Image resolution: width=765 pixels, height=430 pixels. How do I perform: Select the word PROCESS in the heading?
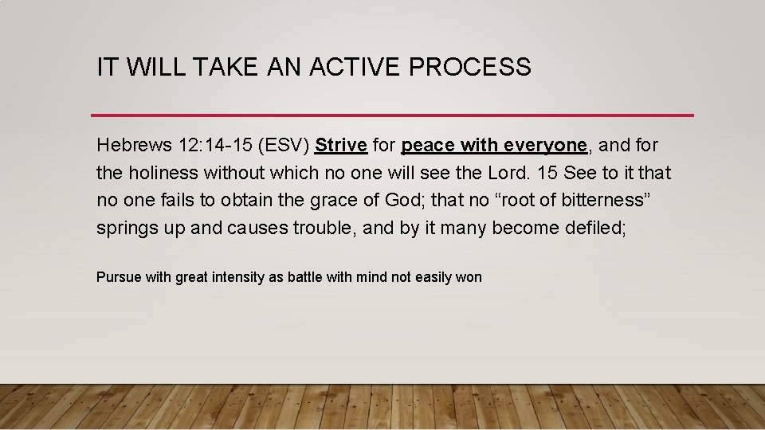pos(469,68)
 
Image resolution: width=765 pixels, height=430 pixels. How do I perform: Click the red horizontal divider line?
pos(392,115)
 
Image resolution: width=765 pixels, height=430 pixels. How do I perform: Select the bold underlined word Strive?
pos(341,146)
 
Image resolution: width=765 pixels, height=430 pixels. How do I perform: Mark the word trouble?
pos(324,228)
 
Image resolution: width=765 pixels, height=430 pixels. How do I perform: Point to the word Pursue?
pos(120,277)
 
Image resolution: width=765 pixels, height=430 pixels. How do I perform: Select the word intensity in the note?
pos(236,277)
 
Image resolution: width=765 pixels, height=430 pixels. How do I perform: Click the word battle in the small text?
pos(308,277)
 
